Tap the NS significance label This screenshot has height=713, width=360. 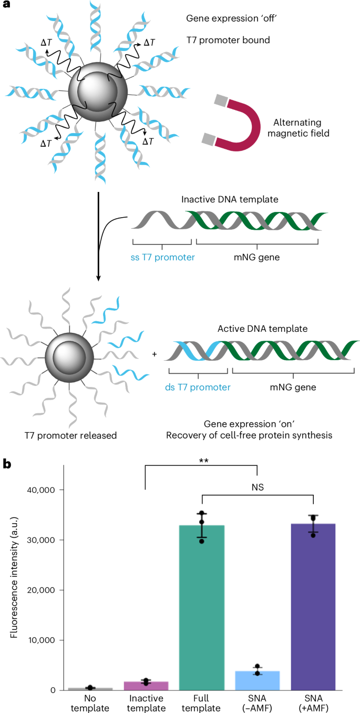258,487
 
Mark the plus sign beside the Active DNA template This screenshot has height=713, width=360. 155,354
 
